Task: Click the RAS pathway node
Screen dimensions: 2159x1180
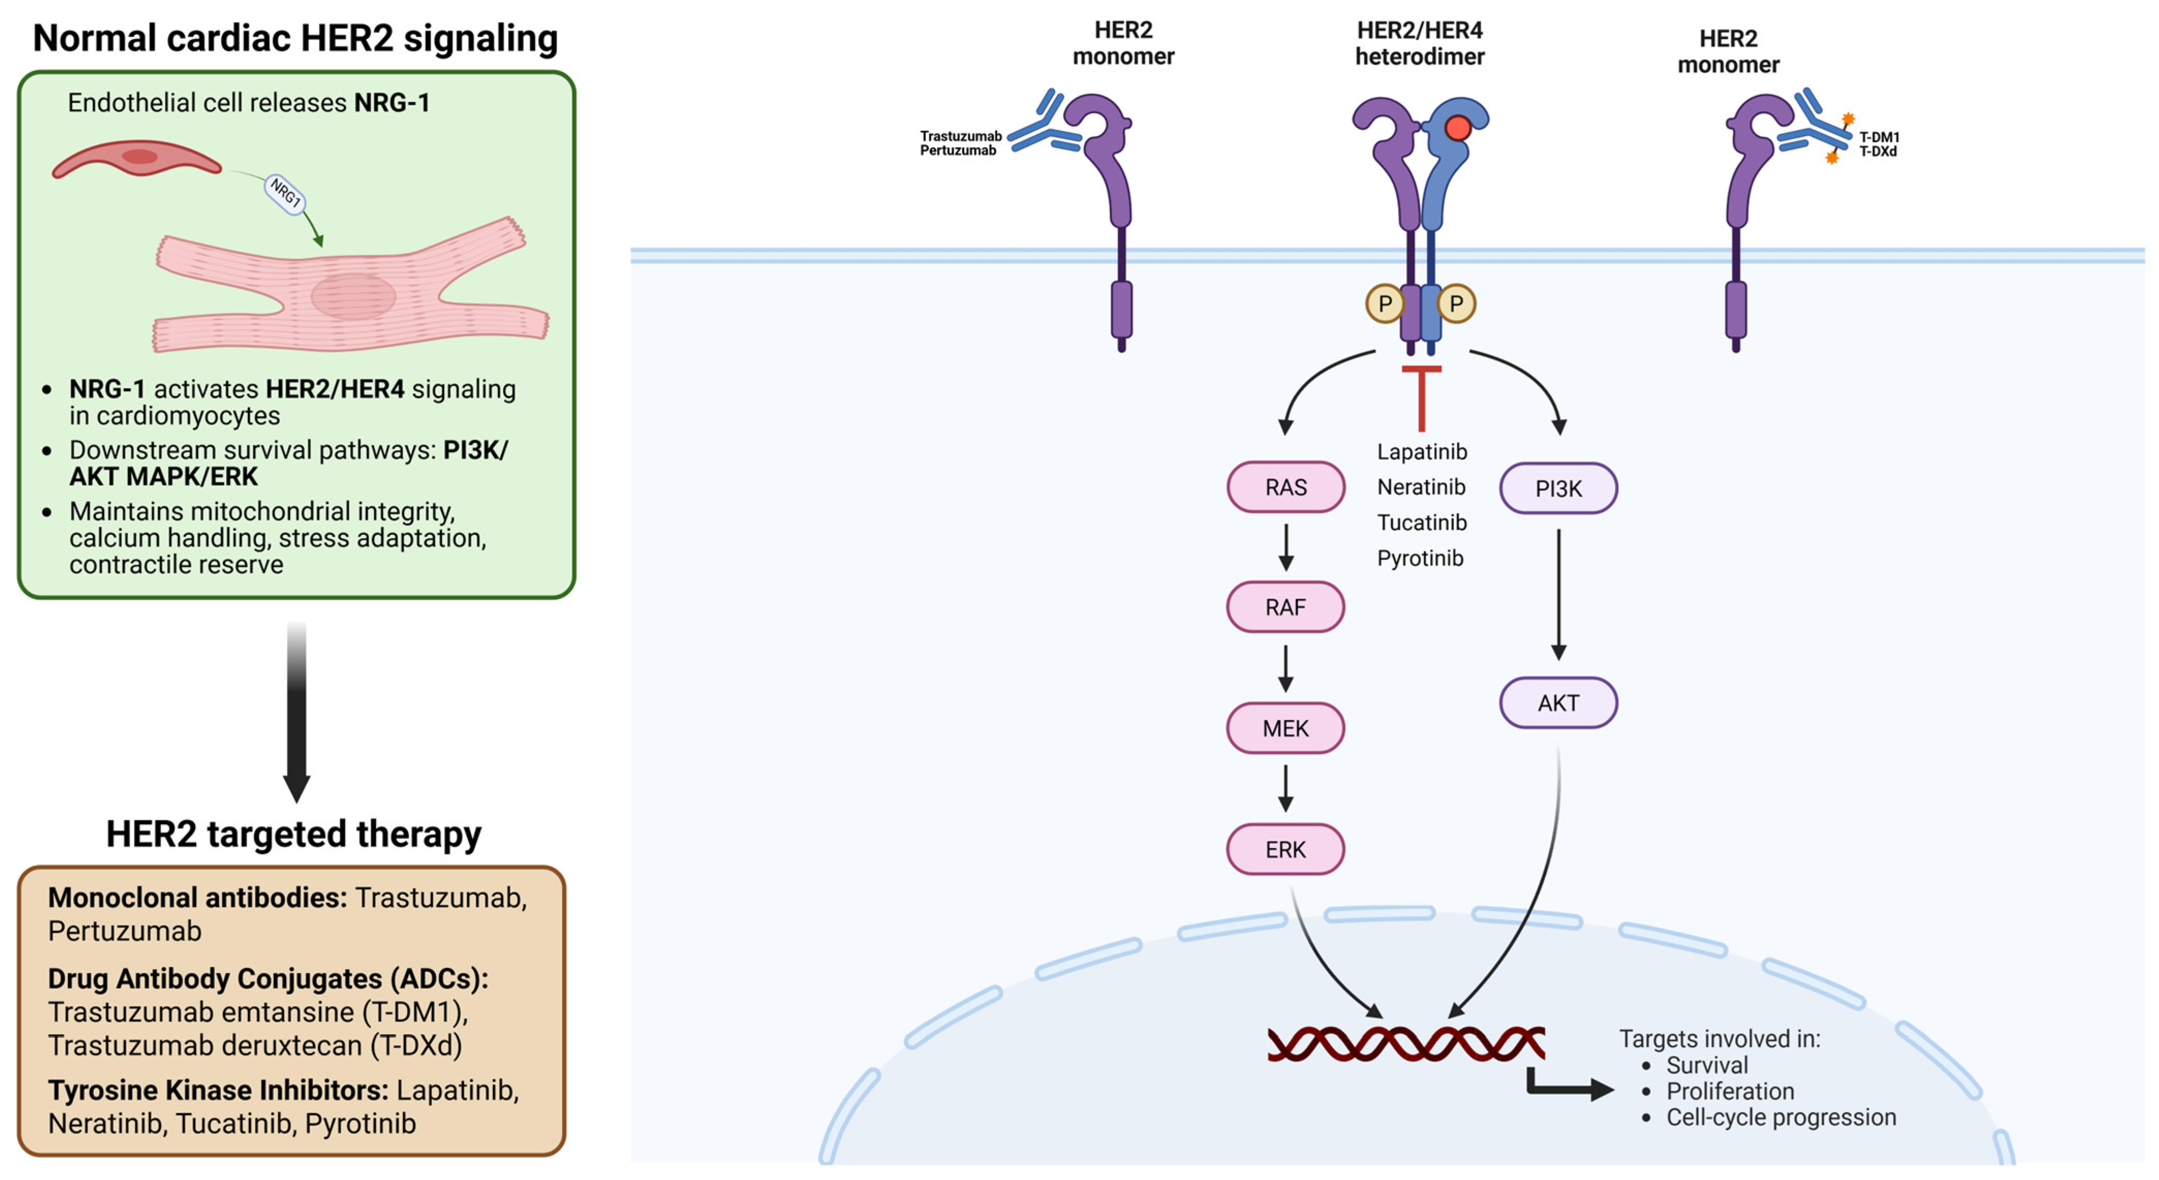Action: (x=1286, y=487)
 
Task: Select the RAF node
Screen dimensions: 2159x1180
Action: (x=1286, y=607)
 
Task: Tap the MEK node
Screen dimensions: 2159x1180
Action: (x=1286, y=728)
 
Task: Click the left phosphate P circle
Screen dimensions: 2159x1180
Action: (x=1385, y=303)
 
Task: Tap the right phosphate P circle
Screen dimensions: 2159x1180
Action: (x=1457, y=303)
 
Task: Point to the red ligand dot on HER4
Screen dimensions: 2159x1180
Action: (x=1458, y=128)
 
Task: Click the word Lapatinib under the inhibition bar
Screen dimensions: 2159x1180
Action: (x=1422, y=452)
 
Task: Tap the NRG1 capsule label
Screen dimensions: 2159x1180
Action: (x=285, y=194)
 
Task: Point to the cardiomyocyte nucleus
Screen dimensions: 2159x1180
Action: (x=353, y=296)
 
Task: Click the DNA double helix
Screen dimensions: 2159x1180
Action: (x=1406, y=1044)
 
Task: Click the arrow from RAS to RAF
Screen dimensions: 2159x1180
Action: (x=1286, y=547)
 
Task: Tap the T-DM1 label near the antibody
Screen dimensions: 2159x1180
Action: (x=1879, y=136)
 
